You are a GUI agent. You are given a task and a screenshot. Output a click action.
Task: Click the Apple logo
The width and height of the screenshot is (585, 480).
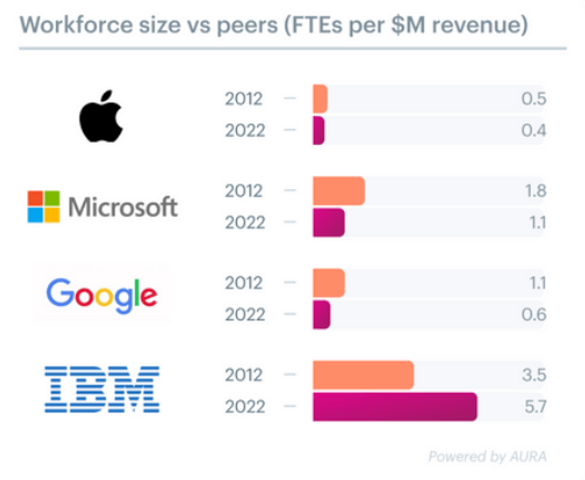pyautogui.click(x=101, y=115)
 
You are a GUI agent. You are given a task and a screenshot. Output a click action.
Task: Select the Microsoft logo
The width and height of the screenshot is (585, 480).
pyautogui.click(x=103, y=207)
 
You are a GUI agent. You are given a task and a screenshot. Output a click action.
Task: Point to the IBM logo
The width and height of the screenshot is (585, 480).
pyautogui.click(x=102, y=389)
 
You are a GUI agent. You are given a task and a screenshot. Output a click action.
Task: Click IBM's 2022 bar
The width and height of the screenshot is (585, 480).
pyautogui.click(x=394, y=407)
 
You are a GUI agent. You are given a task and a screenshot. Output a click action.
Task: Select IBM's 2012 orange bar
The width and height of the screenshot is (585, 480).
pyautogui.click(x=363, y=375)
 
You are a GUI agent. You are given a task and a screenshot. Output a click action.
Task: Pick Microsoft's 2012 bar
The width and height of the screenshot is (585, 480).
pyautogui.click(x=339, y=191)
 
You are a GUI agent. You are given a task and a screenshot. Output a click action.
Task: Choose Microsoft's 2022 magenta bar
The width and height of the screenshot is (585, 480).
pyautogui.click(x=329, y=223)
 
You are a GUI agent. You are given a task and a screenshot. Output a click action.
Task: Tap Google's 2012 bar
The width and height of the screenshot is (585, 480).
pyautogui.click(x=329, y=283)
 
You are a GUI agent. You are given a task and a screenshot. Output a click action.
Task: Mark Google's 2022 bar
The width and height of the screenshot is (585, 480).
pyautogui.click(x=321, y=315)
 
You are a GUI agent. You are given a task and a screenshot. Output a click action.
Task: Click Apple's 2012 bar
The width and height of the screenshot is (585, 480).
pyautogui.click(x=320, y=99)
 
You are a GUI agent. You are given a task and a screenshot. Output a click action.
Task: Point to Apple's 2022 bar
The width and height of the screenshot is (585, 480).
pyautogui.click(x=319, y=131)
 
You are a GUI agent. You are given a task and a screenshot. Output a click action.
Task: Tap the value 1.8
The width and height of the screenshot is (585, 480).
pyautogui.click(x=535, y=191)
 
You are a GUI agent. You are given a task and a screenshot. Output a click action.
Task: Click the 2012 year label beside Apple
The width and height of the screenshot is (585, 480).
pyautogui.click(x=243, y=99)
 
